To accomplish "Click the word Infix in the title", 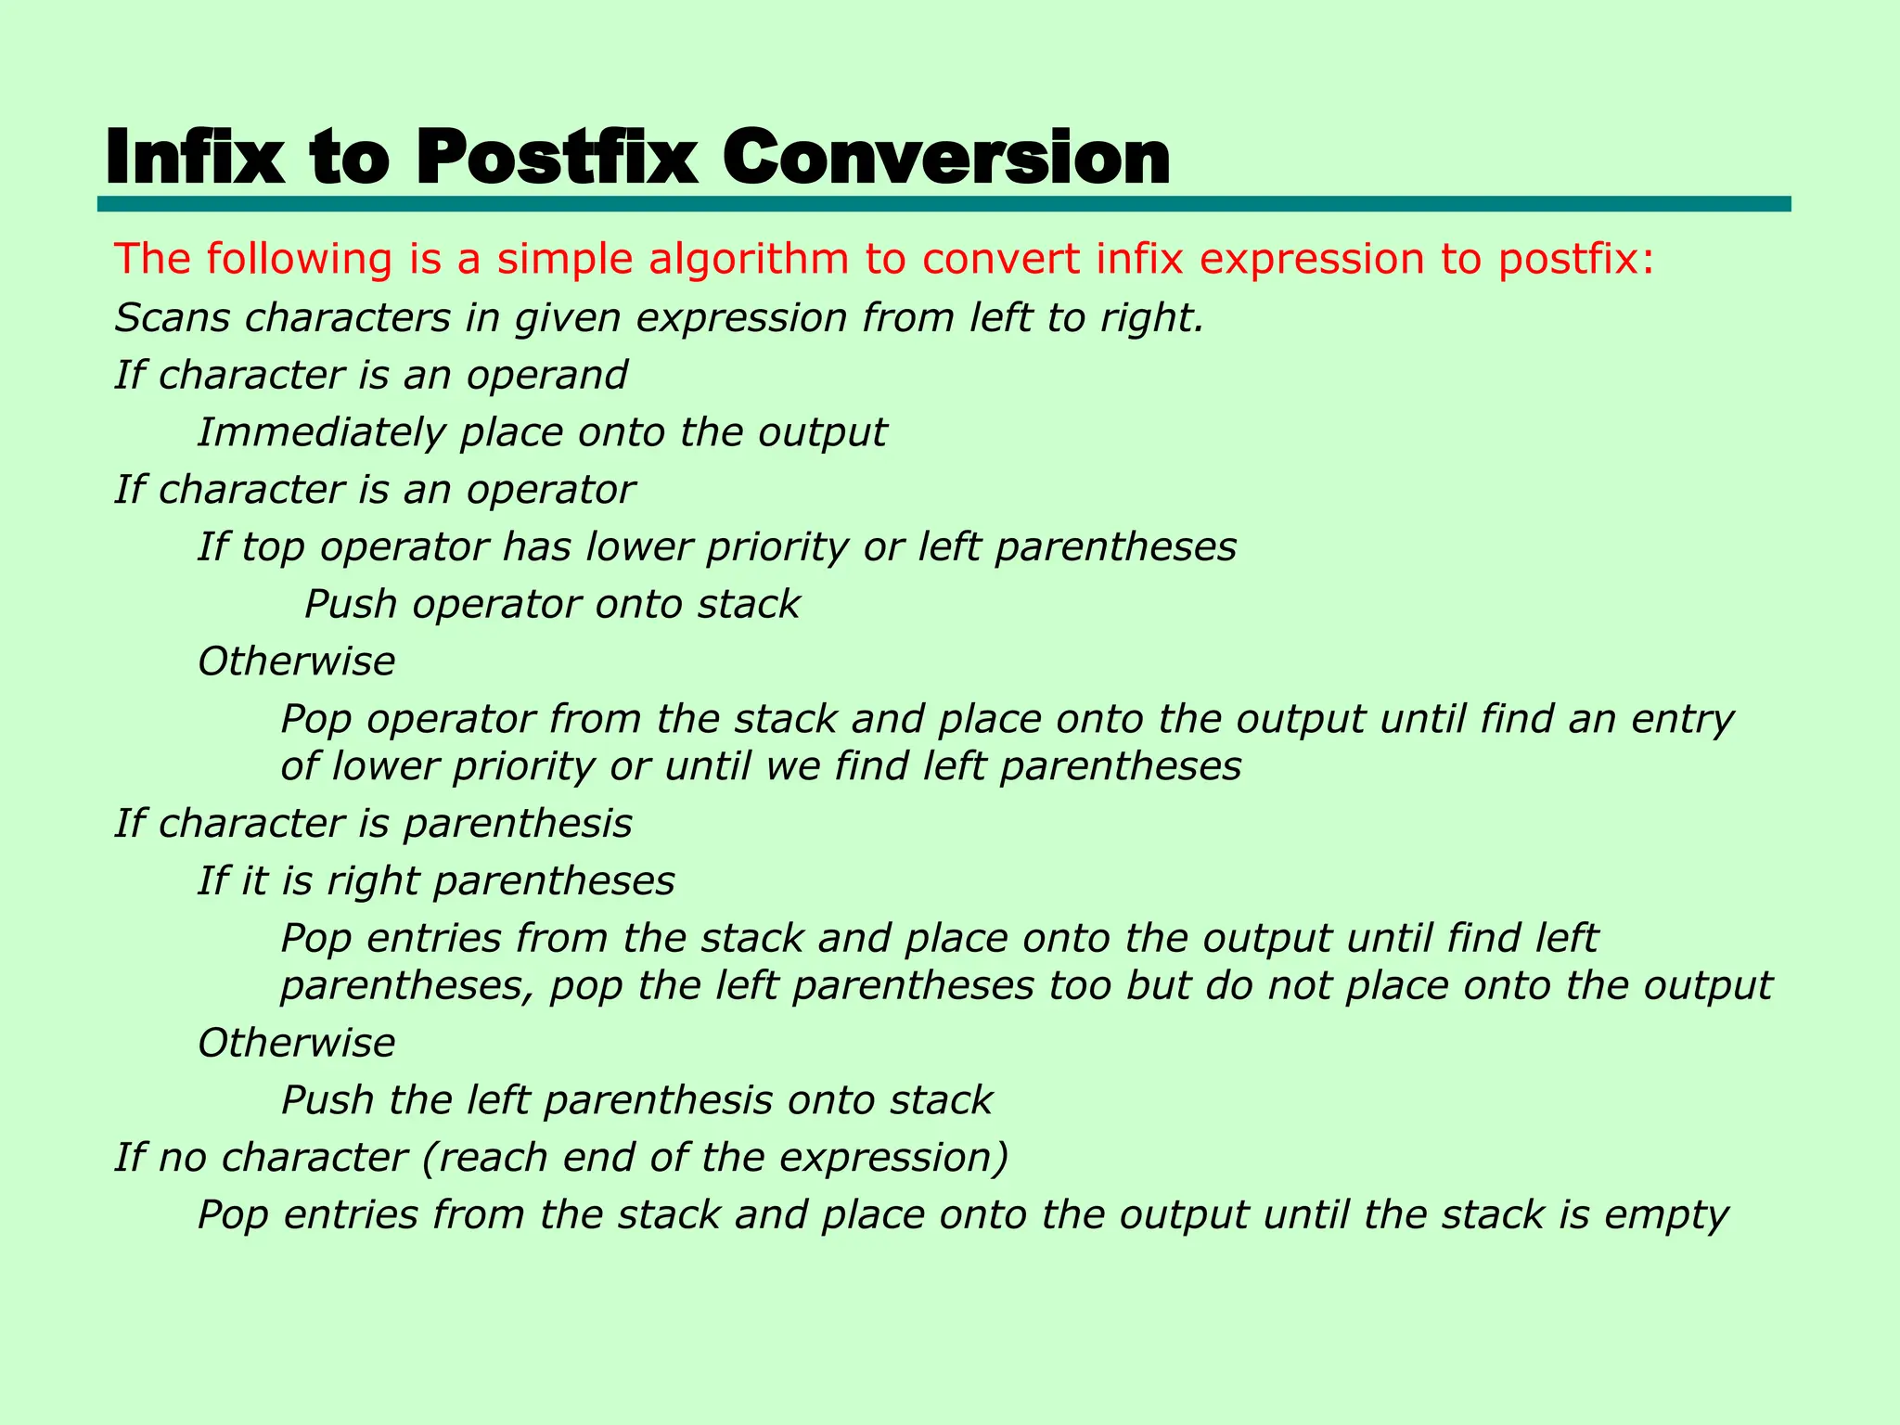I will pyautogui.click(x=196, y=158).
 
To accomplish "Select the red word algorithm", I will pyautogui.click(x=748, y=259).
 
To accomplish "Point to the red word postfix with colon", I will pyautogui.click(x=1576, y=259).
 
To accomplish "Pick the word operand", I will pyautogui.click(x=546, y=376).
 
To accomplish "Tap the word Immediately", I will pyautogui.click(x=321, y=433).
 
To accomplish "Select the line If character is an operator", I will pyautogui.click(x=375, y=490).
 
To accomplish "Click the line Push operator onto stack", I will pyautogui.click(x=551, y=605).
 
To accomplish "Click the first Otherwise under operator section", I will pyautogui.click(x=296, y=661).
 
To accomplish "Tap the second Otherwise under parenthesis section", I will pyautogui.click(x=296, y=1043).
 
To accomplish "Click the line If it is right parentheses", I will pyautogui.click(x=436, y=881).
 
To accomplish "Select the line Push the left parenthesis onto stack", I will pyautogui.click(x=636, y=1100).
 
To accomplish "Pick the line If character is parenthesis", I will pyautogui.click(x=373, y=824).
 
